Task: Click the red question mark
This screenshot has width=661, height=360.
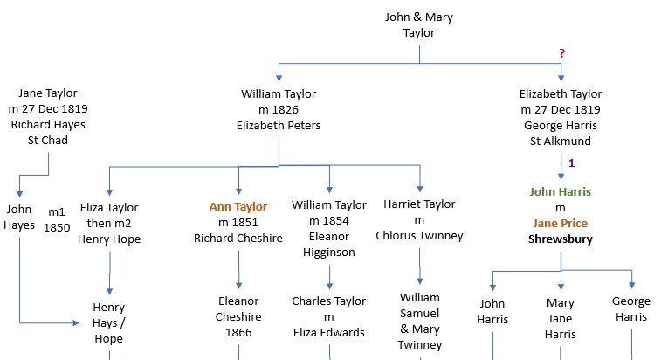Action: point(562,54)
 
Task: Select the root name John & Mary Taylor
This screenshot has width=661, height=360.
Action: point(419,24)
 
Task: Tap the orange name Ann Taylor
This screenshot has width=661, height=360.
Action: point(238,206)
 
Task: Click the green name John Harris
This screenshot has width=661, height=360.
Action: point(560,191)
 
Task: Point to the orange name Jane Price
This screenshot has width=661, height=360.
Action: point(560,223)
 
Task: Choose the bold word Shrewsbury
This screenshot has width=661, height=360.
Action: point(560,239)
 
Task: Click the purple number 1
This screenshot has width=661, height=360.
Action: point(572,163)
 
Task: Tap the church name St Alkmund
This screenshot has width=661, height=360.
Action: point(560,141)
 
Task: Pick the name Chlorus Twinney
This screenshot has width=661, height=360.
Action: point(419,236)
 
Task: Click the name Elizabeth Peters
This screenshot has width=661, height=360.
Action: point(279,125)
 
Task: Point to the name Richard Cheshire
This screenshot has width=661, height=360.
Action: point(238,238)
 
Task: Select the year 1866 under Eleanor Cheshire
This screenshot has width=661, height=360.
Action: point(238,332)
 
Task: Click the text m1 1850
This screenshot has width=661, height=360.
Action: point(57,218)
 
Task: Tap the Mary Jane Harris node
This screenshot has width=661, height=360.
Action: point(560,318)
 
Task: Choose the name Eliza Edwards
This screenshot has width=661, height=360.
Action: point(328,332)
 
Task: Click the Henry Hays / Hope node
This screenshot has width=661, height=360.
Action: point(109,323)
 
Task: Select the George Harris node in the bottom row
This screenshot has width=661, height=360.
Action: point(630,309)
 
